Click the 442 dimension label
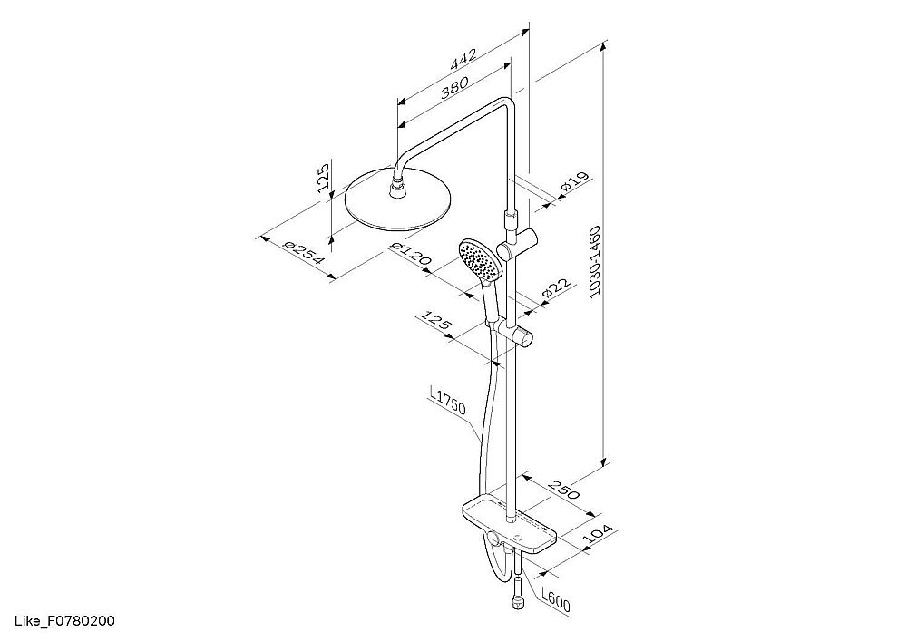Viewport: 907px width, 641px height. pos(463,60)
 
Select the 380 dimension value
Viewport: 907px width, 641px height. pos(454,89)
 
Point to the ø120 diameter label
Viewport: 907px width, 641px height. pos(411,255)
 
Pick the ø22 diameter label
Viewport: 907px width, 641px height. pos(557,290)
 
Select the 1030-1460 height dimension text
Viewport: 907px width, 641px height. pos(595,261)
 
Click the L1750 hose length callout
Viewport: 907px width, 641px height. pos(448,401)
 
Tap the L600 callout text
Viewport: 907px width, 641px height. pos(556,597)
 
